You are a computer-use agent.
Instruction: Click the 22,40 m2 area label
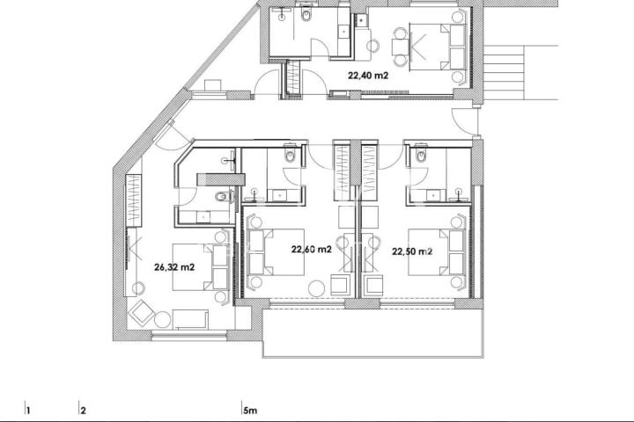(x=368, y=75)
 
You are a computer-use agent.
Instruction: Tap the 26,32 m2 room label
(x=174, y=267)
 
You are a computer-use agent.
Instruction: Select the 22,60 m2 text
(x=312, y=250)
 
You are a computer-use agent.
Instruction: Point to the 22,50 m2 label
(x=412, y=251)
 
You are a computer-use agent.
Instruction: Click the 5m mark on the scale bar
(x=250, y=411)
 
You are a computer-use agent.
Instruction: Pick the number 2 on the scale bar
(x=84, y=411)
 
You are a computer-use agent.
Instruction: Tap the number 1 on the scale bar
(x=28, y=411)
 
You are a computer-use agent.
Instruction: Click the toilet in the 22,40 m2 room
(x=306, y=15)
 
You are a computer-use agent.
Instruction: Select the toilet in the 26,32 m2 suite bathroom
(x=222, y=197)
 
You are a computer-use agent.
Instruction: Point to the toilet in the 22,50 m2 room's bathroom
(x=421, y=155)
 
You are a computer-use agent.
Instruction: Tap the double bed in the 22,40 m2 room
(x=438, y=47)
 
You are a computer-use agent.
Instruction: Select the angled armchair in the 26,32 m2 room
(x=141, y=313)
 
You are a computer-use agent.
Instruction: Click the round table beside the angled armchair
(x=163, y=320)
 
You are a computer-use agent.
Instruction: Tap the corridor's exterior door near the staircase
(x=465, y=121)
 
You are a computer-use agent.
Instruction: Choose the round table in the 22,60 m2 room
(x=317, y=288)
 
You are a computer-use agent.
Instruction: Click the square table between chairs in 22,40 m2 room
(x=400, y=47)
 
